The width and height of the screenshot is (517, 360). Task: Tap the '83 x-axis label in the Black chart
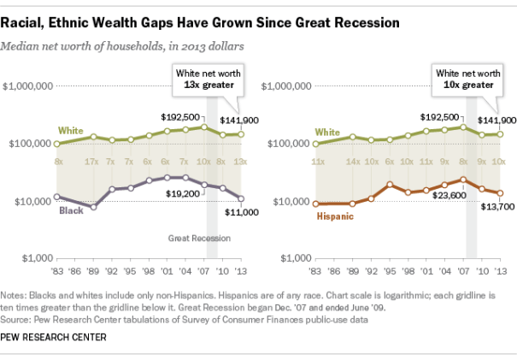tap(58, 271)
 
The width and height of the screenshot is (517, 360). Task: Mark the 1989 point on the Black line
tap(94, 207)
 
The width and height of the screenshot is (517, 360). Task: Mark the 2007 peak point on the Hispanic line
tap(462, 180)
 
